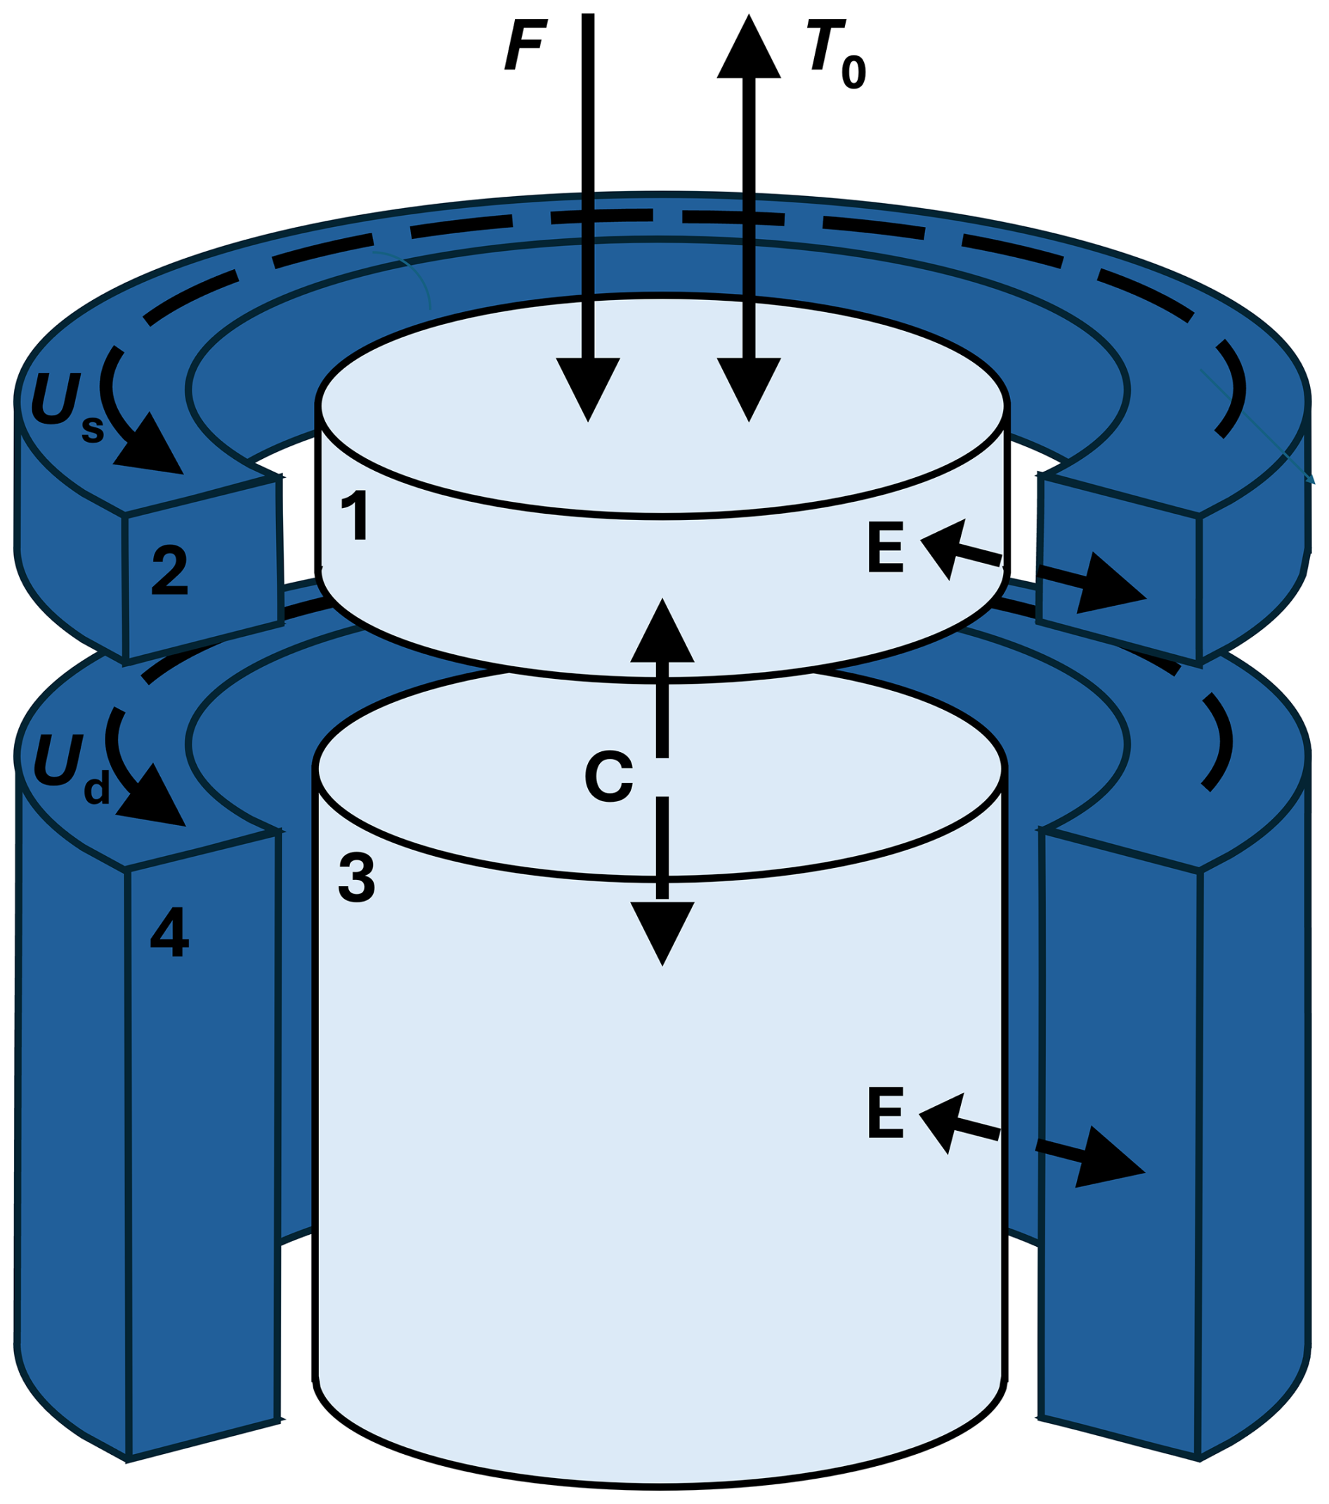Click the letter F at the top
(x=523, y=45)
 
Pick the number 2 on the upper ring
(x=170, y=569)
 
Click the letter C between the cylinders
(x=608, y=777)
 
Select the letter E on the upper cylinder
(x=885, y=547)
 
